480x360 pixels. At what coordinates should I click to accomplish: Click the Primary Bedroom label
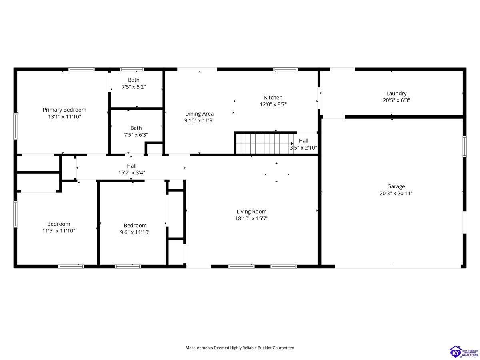pyautogui.click(x=64, y=110)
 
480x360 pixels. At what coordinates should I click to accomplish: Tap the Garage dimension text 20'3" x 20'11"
pyautogui.click(x=396, y=193)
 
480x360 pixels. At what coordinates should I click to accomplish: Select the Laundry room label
pyautogui.click(x=396, y=94)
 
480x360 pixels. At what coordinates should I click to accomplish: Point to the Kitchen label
pyautogui.click(x=273, y=98)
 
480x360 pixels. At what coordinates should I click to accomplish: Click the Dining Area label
pyautogui.click(x=199, y=114)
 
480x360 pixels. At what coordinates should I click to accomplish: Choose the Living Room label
pyautogui.click(x=252, y=212)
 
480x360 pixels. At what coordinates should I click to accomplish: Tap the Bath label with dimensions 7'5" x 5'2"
pyautogui.click(x=134, y=80)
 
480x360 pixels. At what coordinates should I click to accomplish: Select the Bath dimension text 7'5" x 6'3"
pyautogui.click(x=136, y=135)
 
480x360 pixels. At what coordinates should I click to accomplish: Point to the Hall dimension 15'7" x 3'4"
pyautogui.click(x=132, y=173)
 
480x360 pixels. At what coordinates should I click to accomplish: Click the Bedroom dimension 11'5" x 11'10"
pyautogui.click(x=59, y=231)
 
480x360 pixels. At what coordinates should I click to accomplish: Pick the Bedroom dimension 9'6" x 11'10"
pyautogui.click(x=135, y=232)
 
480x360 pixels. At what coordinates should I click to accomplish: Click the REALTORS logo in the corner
pyautogui.click(x=464, y=352)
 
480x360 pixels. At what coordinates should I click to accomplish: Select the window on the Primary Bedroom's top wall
pyautogui.click(x=82, y=69)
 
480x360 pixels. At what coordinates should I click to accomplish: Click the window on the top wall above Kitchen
pyautogui.click(x=285, y=69)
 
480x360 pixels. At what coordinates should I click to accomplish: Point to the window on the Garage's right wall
pyautogui.click(x=465, y=146)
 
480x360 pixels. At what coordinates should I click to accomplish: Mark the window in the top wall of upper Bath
pyautogui.click(x=132, y=69)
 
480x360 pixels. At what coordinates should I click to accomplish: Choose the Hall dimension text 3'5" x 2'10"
pyautogui.click(x=304, y=148)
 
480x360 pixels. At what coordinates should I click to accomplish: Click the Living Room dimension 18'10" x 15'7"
pyautogui.click(x=252, y=218)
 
